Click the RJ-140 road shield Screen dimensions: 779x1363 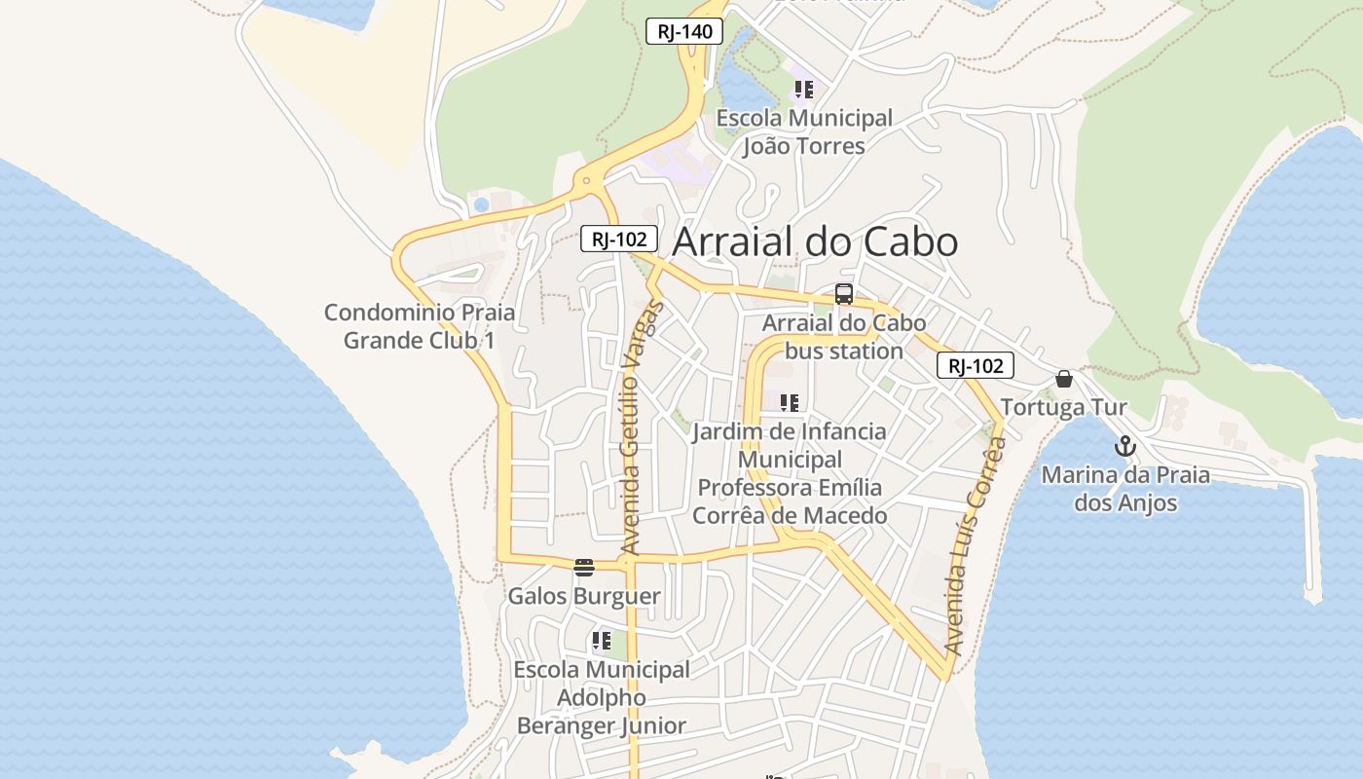tap(684, 31)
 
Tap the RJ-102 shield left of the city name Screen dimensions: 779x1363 tap(619, 239)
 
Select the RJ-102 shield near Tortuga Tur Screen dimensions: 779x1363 tap(976, 366)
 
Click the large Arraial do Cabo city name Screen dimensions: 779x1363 tap(815, 242)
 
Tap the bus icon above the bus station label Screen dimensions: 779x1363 tap(844, 294)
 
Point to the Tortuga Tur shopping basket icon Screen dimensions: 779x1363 tap(1064, 379)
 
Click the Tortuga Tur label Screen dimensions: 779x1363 tap(1064, 407)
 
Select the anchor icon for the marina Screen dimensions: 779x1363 tap(1125, 447)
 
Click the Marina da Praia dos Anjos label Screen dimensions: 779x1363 tap(1125, 489)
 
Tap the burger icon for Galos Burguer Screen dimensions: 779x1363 tap(584, 568)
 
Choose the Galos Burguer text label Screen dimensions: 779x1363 tap(584, 596)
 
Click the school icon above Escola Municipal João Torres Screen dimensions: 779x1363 tap(804, 91)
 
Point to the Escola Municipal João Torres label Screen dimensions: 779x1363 tap(804, 132)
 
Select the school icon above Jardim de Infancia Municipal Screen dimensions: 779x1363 tap(790, 402)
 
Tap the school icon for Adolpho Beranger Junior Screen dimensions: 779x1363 tap(602, 641)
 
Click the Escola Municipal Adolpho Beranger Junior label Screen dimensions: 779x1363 tap(602, 697)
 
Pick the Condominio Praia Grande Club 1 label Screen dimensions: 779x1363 tap(420, 326)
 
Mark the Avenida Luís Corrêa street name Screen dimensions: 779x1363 tap(976, 545)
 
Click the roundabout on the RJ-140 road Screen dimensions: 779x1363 tap(586, 180)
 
